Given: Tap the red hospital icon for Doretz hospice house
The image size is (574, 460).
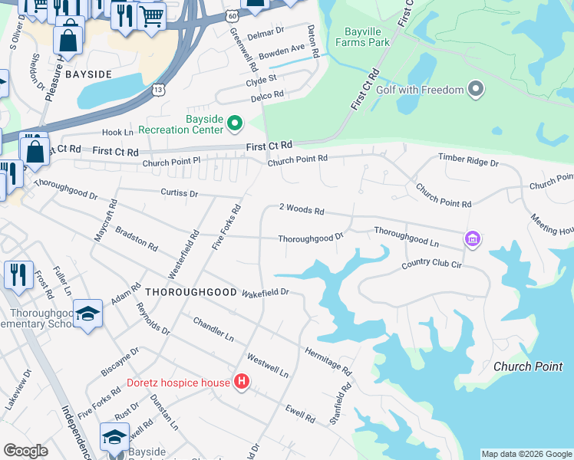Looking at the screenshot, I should point(242,382).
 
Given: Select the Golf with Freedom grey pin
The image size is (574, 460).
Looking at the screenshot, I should point(476,90).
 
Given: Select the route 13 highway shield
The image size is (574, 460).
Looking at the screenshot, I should point(158,90).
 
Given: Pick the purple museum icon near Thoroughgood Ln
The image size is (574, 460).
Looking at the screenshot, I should point(472,241).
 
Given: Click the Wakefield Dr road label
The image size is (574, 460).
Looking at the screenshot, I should point(265,292).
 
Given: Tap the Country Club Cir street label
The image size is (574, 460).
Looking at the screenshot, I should point(431,265).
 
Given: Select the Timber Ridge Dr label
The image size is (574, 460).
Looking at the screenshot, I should point(468,163).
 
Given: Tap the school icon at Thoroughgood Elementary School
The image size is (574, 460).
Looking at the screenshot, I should point(88,313).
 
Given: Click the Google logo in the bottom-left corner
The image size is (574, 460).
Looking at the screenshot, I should point(25,451).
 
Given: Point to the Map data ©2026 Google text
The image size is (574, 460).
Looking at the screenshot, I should point(526,454).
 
